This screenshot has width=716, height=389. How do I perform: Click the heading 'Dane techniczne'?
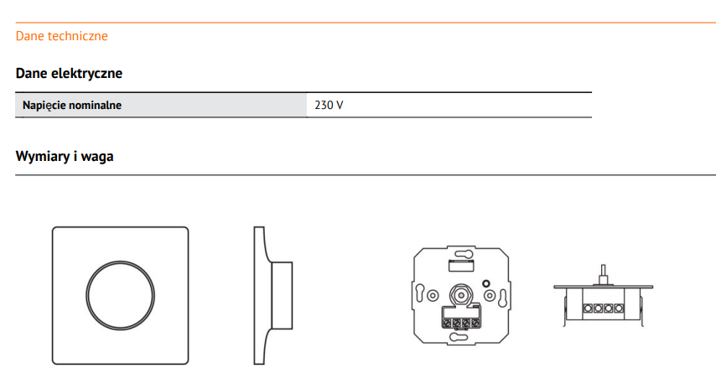[x=62, y=36]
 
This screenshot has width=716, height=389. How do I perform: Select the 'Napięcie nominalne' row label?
[x=72, y=105]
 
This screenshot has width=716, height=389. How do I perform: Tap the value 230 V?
[x=329, y=105]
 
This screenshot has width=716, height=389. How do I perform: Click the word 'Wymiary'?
[x=43, y=157]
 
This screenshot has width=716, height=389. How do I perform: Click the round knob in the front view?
[x=121, y=295]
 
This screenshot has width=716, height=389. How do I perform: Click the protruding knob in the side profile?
[x=282, y=295]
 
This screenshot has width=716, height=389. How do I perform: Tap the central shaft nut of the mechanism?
[x=461, y=295]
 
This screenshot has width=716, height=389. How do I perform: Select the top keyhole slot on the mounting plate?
[x=461, y=253]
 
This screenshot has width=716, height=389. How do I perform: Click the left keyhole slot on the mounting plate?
[x=420, y=293]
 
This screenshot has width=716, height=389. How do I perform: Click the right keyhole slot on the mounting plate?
[x=503, y=298]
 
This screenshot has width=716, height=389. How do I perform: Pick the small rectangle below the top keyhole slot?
[x=461, y=265]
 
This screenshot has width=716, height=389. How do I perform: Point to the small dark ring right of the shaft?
[x=486, y=283]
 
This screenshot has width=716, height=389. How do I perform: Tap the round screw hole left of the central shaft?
[x=433, y=295]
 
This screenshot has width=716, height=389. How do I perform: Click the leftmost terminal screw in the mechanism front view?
[x=447, y=324]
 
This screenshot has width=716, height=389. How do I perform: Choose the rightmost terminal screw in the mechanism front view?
[x=475, y=324]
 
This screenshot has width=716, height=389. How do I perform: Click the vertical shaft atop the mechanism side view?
[x=603, y=275]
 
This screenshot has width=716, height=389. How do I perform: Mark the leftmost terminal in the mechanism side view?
[x=589, y=309]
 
